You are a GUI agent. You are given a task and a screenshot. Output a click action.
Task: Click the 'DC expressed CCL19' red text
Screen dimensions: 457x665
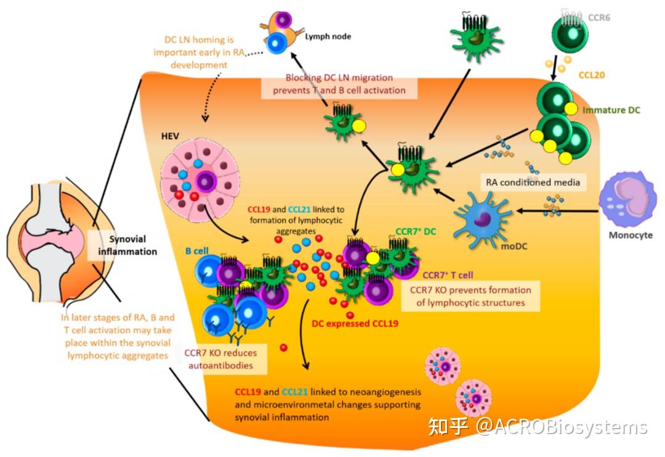tap(355, 323)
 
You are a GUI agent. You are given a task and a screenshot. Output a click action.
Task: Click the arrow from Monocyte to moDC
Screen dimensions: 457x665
tap(557, 212)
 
